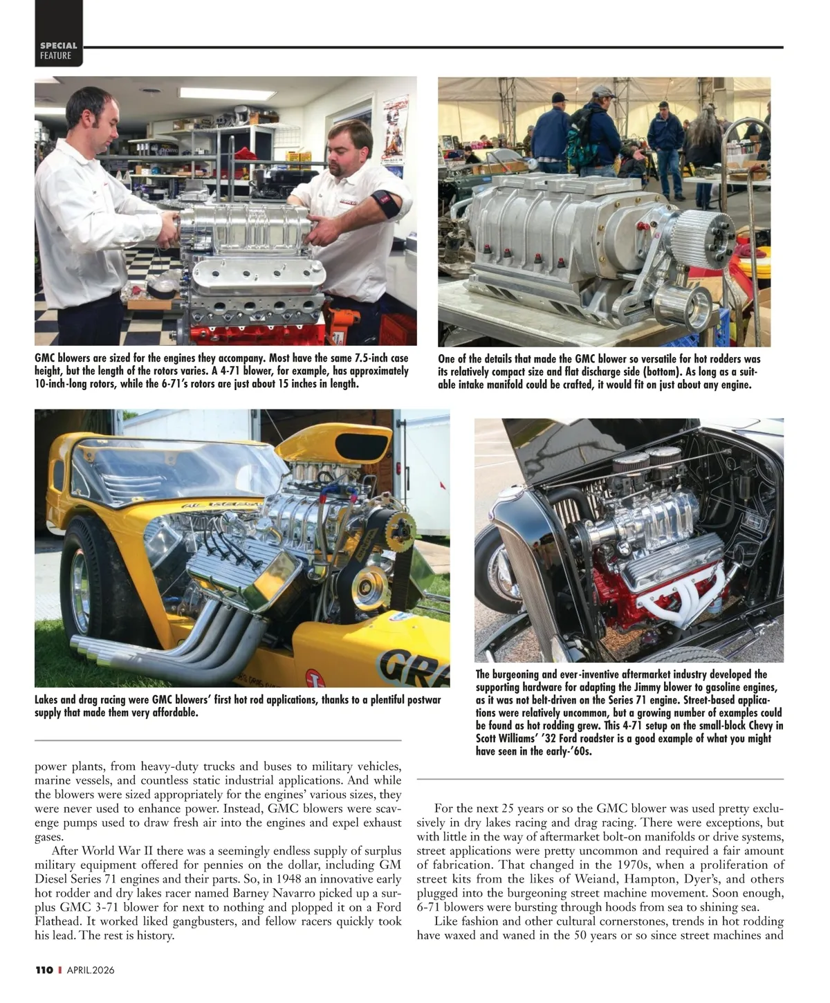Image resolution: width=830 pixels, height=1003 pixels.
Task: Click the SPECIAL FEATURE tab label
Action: pyautogui.click(x=58, y=50)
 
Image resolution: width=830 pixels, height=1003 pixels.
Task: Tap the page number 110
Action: pyautogui.click(x=44, y=970)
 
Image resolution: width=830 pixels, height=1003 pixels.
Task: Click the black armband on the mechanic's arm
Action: pyautogui.click(x=385, y=205)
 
